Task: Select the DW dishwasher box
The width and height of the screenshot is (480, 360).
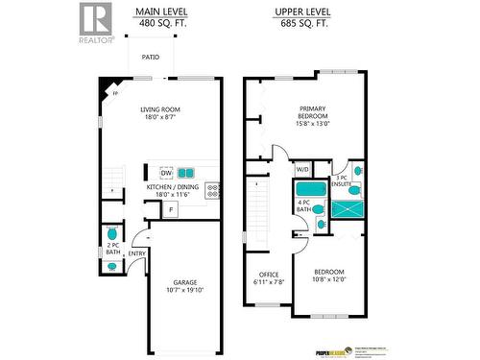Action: pos(166,173)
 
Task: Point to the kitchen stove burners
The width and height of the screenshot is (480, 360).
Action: pos(212,191)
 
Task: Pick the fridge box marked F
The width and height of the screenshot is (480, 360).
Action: pos(171,209)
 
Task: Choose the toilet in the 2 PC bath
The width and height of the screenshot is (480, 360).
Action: pos(113,233)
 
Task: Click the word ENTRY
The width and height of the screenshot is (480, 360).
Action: pos(137,253)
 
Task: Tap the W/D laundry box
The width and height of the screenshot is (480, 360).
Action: pos(302,170)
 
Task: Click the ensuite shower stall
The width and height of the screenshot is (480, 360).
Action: pos(347,206)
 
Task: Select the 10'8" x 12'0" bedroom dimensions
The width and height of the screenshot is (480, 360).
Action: pos(328,280)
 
